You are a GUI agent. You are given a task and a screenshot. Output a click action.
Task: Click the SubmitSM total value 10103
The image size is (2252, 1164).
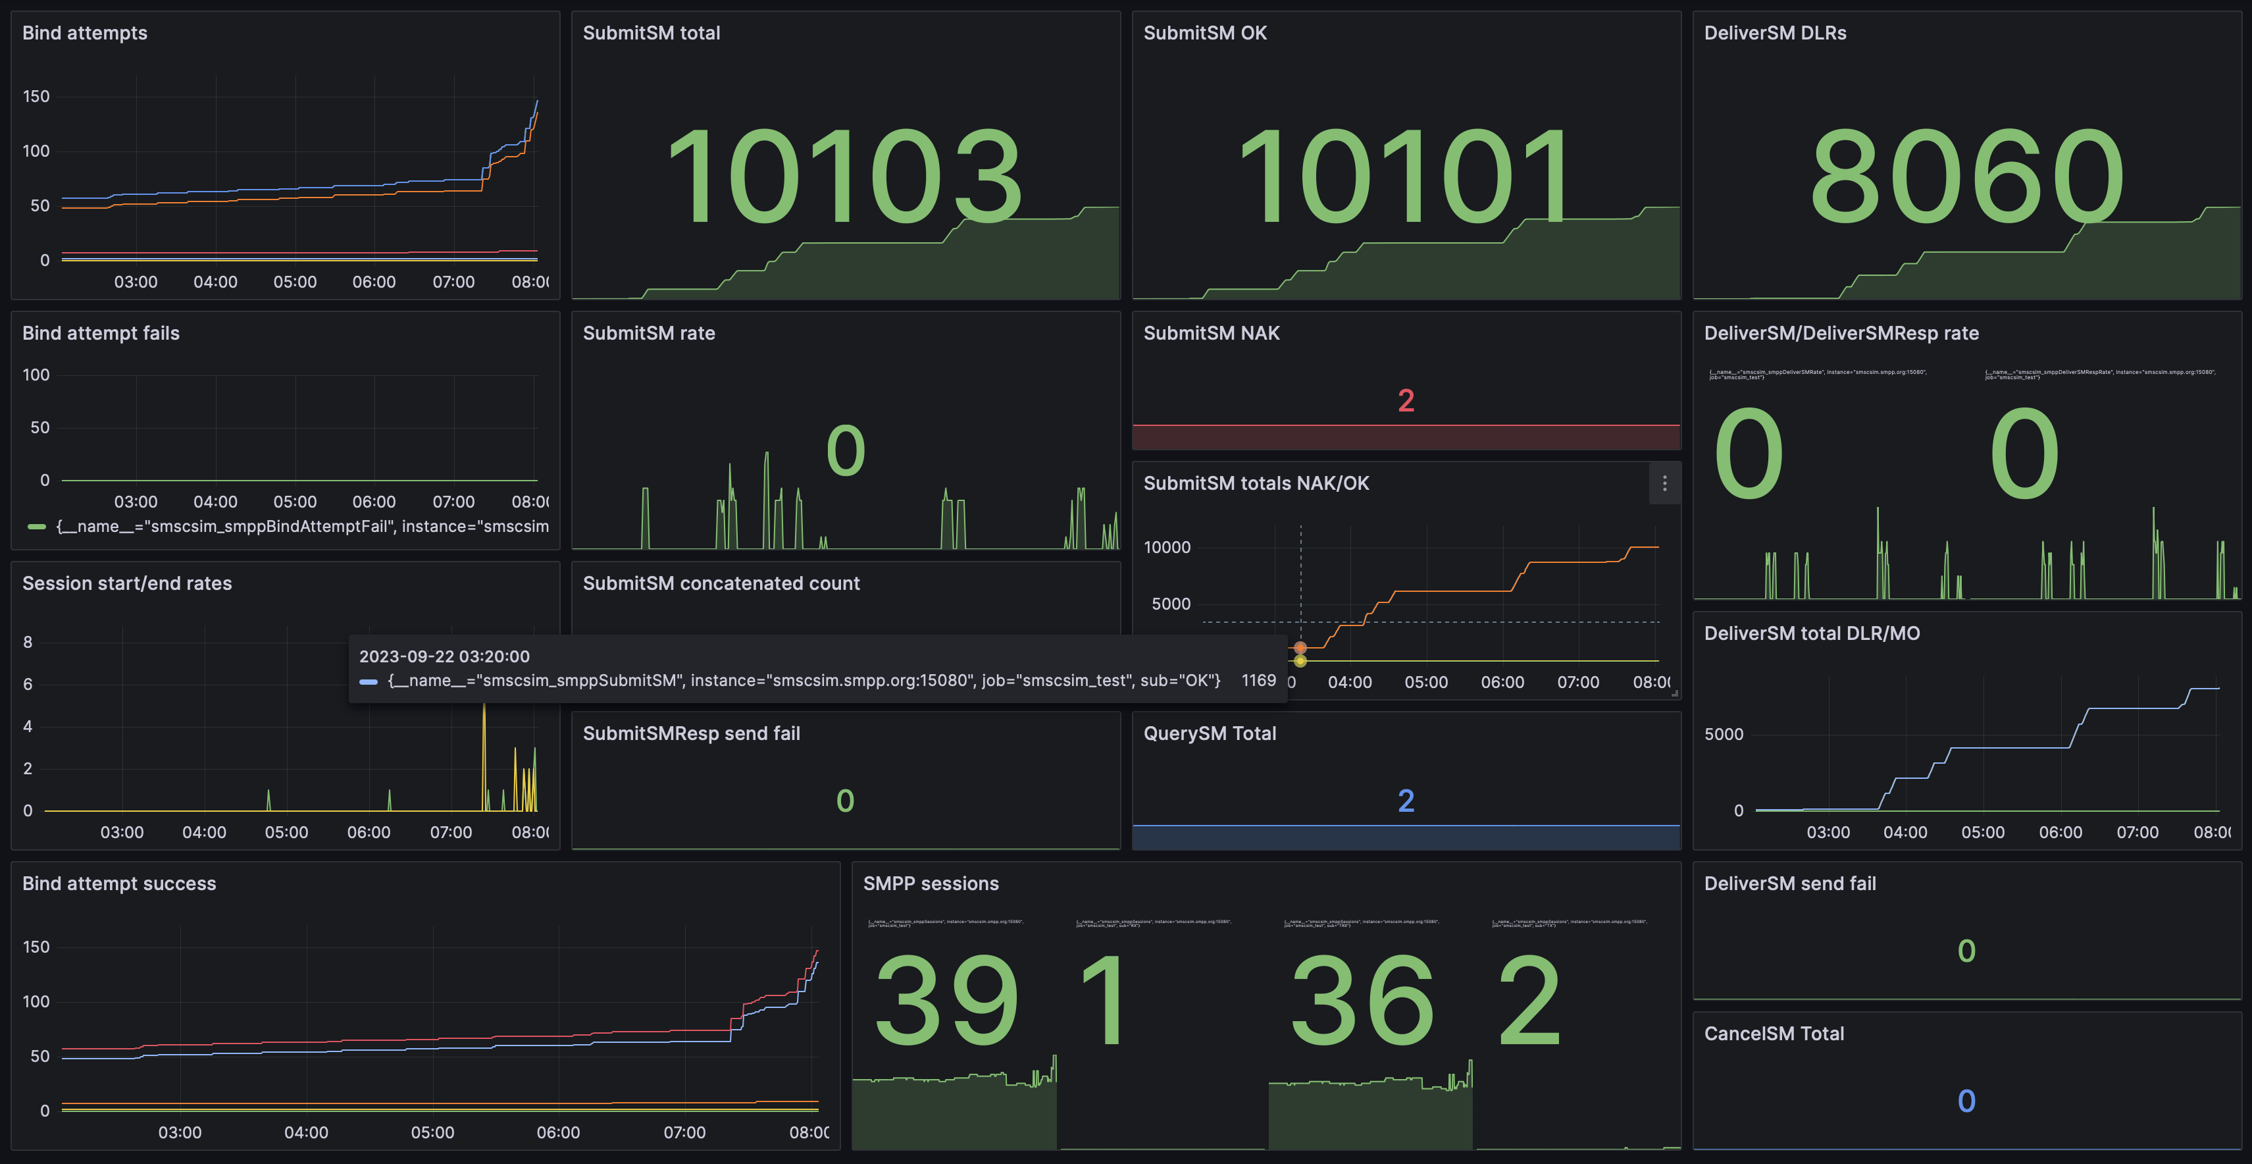click(844, 176)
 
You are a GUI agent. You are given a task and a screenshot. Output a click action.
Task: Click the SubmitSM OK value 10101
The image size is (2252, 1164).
click(1405, 176)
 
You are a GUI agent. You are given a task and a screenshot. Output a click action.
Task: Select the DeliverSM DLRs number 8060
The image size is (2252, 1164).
click(1966, 176)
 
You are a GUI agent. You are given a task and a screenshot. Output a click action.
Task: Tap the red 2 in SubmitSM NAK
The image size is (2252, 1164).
click(1406, 400)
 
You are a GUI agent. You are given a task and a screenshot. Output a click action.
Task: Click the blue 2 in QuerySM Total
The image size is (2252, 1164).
click(1406, 800)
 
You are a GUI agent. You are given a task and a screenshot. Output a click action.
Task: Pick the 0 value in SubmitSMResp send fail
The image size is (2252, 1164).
click(844, 800)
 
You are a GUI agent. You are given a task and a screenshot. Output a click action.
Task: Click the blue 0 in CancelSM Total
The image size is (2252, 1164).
click(1966, 1100)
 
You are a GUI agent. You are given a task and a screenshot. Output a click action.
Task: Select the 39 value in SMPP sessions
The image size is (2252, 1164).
click(947, 1001)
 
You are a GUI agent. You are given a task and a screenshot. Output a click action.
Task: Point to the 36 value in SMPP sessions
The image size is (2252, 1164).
click(1362, 1001)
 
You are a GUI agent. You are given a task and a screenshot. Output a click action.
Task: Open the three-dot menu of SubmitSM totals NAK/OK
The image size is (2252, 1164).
click(1664, 484)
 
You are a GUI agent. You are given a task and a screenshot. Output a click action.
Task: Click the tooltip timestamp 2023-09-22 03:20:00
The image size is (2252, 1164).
click(444, 656)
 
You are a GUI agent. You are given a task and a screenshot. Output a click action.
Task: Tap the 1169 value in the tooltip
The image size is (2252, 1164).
click(1258, 680)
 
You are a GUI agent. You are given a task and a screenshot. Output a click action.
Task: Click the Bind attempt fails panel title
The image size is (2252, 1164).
click(101, 333)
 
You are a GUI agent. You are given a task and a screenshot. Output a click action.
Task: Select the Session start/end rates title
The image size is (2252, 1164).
click(127, 583)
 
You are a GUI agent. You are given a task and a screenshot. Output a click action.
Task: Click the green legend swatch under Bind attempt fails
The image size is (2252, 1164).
click(36, 527)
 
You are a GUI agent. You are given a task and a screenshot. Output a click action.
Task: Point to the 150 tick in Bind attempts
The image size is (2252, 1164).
click(36, 96)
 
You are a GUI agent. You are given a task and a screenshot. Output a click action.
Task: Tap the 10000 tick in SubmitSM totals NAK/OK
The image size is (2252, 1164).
click(1167, 548)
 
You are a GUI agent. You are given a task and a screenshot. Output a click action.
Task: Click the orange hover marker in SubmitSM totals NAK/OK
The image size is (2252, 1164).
click(1300, 648)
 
